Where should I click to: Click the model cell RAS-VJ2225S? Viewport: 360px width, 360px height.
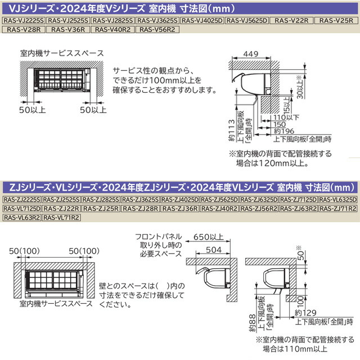(24, 21)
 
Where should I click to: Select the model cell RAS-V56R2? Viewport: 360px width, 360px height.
(158, 29)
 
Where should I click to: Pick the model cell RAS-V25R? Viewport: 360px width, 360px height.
(336, 21)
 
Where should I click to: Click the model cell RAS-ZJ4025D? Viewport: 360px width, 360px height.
(179, 200)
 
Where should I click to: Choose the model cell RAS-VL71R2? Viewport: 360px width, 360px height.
(61, 217)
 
